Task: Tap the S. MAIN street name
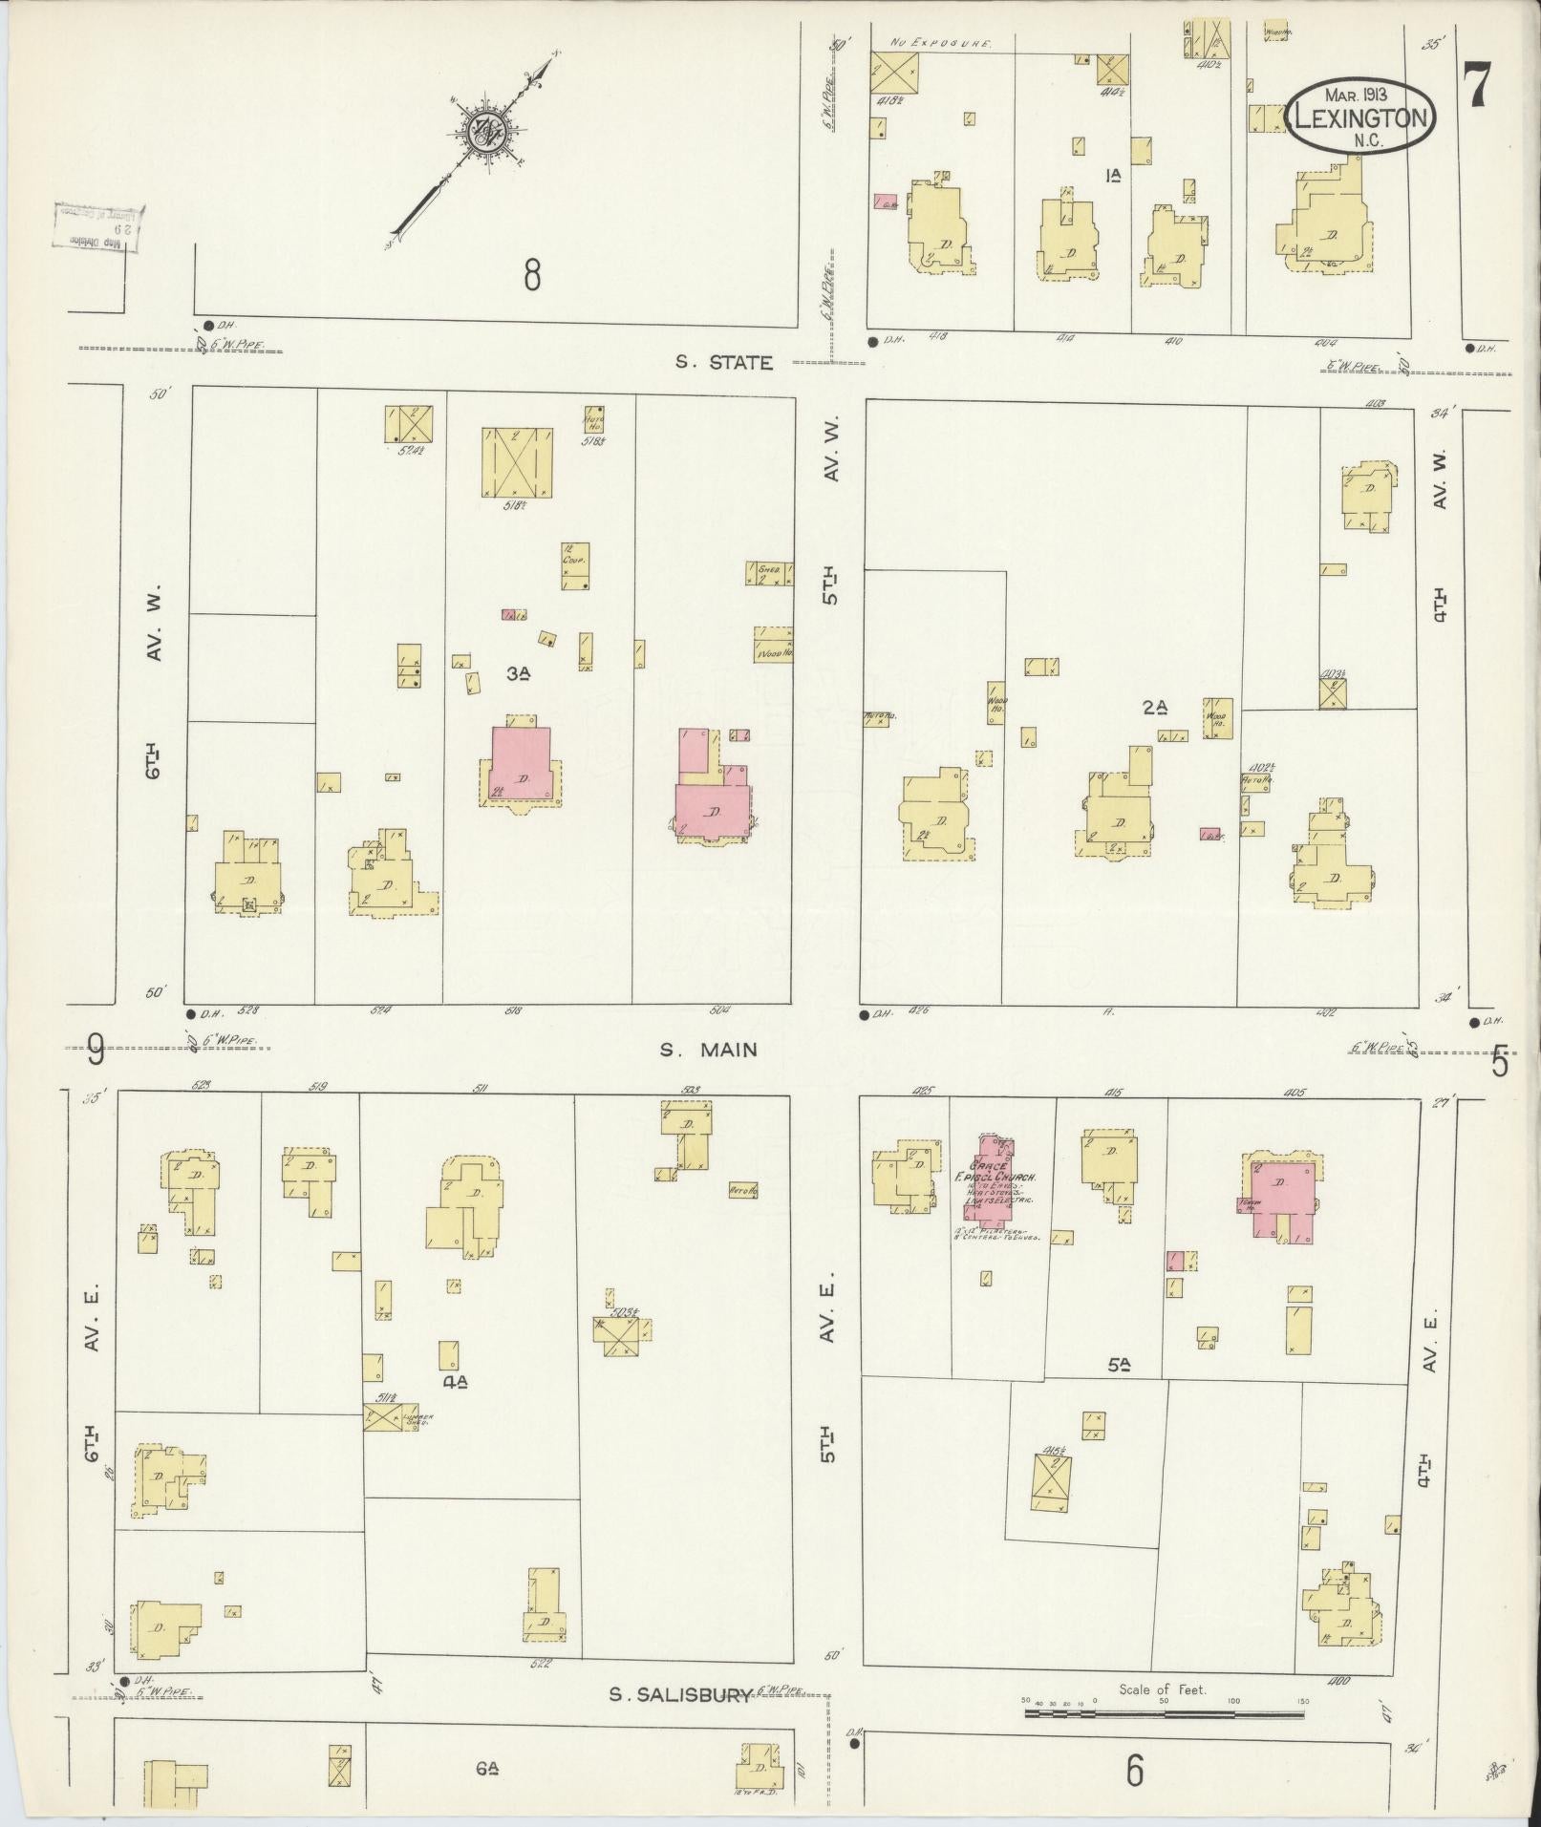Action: [x=709, y=1050]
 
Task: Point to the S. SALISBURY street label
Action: [x=680, y=1695]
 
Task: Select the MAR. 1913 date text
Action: [x=1357, y=95]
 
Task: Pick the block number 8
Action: [x=532, y=276]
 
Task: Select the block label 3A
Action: [x=519, y=673]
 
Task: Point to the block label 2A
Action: [x=1155, y=708]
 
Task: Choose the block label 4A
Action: [x=454, y=1381]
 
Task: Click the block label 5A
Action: [x=1119, y=1367]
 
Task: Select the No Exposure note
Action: [x=940, y=44]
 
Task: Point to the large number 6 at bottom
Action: [x=1134, y=1772]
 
